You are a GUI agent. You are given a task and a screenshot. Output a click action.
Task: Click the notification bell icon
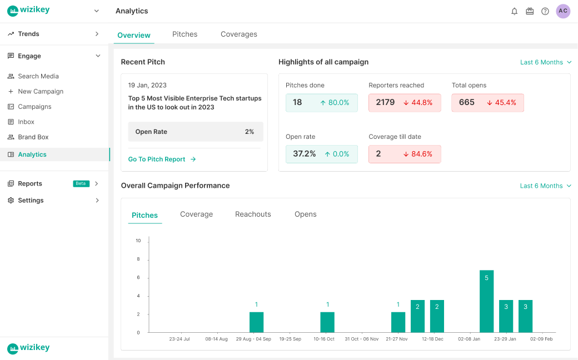click(514, 12)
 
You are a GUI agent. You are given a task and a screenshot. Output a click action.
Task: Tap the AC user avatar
click(563, 11)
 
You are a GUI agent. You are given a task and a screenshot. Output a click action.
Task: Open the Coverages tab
click(239, 34)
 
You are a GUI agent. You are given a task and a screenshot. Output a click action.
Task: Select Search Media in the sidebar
click(38, 76)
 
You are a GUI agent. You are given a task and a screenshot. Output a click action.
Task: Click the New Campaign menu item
click(41, 91)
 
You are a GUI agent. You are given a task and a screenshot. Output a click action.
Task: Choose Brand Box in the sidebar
click(33, 137)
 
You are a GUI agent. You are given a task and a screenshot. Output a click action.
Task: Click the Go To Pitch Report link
click(157, 159)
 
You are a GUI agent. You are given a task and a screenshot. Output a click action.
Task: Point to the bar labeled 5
click(487, 302)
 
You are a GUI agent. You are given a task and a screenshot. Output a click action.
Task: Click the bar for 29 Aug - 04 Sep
click(257, 322)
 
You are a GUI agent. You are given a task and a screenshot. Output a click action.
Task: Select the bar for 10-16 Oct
click(327, 322)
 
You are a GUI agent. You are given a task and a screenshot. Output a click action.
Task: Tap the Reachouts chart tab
click(253, 214)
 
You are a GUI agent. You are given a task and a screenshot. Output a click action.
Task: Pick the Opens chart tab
click(306, 214)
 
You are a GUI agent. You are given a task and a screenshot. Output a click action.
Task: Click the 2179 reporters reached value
click(385, 102)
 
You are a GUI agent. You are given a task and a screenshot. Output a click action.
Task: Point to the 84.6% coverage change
click(422, 154)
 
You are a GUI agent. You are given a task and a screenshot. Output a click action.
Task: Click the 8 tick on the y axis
click(138, 259)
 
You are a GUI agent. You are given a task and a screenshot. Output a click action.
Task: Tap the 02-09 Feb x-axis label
click(541, 339)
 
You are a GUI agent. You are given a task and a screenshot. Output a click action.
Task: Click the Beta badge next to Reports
click(81, 183)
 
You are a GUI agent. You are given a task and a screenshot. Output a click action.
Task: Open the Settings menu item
click(31, 201)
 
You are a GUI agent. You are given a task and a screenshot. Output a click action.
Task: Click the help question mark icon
click(545, 12)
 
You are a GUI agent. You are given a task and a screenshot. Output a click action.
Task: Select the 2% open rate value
click(250, 132)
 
